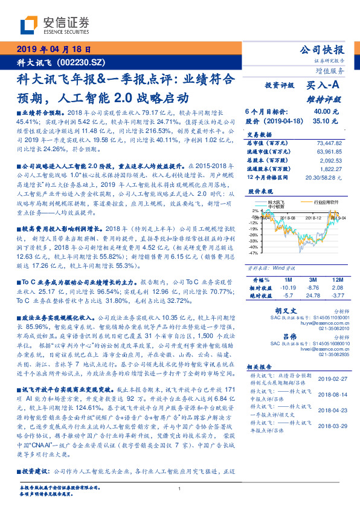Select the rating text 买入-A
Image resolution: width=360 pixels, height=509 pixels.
pyautogui.click(x=323, y=86)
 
